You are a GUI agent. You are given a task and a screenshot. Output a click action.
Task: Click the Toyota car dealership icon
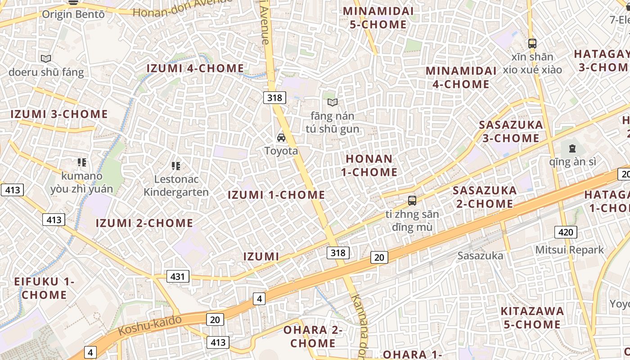[x=281, y=138]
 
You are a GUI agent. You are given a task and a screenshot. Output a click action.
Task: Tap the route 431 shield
[x=178, y=276]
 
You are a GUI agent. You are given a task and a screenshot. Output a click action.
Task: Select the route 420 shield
[x=565, y=232]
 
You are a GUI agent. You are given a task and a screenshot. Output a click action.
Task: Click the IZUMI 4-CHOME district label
[x=195, y=68]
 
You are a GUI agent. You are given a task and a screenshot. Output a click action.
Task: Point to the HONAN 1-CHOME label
[x=369, y=165]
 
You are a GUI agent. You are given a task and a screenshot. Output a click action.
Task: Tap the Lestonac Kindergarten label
[x=176, y=185]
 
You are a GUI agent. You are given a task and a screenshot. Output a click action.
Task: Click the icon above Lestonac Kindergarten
[x=176, y=166]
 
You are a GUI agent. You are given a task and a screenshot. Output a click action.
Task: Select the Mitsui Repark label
[x=569, y=250]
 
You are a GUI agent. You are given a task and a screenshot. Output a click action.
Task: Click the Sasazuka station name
[x=480, y=256]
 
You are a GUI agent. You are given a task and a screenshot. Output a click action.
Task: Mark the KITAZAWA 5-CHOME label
[x=532, y=318]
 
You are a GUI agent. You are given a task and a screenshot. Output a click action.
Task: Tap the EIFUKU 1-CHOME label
[x=44, y=288]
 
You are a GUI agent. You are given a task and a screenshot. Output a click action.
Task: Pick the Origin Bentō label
[x=73, y=14]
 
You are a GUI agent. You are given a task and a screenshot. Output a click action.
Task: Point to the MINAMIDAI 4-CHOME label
[x=461, y=77]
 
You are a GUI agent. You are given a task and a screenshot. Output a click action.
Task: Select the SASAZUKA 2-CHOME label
[x=485, y=197]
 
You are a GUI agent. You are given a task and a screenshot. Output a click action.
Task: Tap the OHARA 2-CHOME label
[x=313, y=336]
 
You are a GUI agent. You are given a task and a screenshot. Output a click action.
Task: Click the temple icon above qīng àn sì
[x=572, y=148]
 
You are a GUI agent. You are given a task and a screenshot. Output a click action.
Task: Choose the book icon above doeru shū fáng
[x=46, y=58]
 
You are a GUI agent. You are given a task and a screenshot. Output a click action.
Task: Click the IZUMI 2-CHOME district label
[x=144, y=223]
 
